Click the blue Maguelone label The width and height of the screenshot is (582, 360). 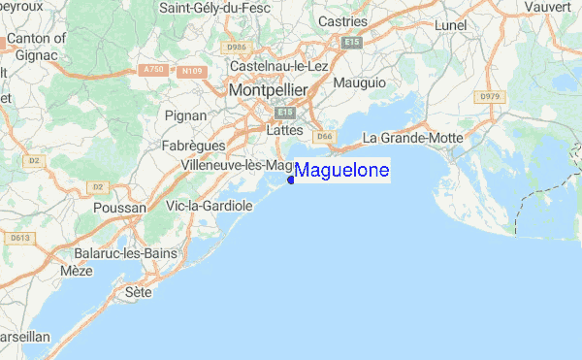coord(341,171)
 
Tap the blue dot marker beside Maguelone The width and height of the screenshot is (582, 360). coord(291,179)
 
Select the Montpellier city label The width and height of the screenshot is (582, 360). coord(268,89)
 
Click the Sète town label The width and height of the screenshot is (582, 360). coord(140,290)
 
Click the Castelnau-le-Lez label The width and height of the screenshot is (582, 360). coord(280,65)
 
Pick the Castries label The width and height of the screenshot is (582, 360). coord(344,20)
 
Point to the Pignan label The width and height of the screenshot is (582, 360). coord(185,115)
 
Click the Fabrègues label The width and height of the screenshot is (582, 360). coord(193,146)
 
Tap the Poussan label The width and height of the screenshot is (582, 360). coord(119,208)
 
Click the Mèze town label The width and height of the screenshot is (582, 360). coord(76,273)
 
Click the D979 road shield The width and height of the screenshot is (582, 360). coord(487,96)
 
